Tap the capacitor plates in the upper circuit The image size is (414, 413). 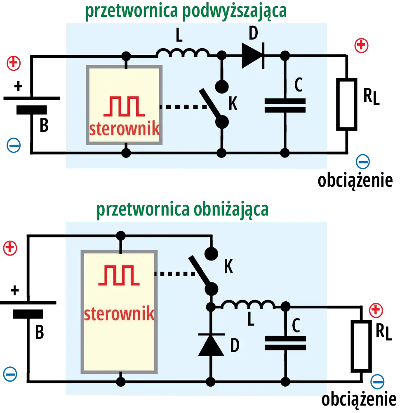pyautogui.click(x=285, y=106)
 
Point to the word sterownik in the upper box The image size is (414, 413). pyautogui.click(x=124, y=129)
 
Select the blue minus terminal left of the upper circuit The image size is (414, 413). pyautogui.click(x=14, y=146)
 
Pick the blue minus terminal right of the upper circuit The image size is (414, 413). pyautogui.click(x=363, y=162)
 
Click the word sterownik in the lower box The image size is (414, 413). pyautogui.click(x=119, y=314)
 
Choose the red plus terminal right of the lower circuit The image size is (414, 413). pyautogui.click(x=376, y=310)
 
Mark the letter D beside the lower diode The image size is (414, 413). pyautogui.click(x=234, y=345)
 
